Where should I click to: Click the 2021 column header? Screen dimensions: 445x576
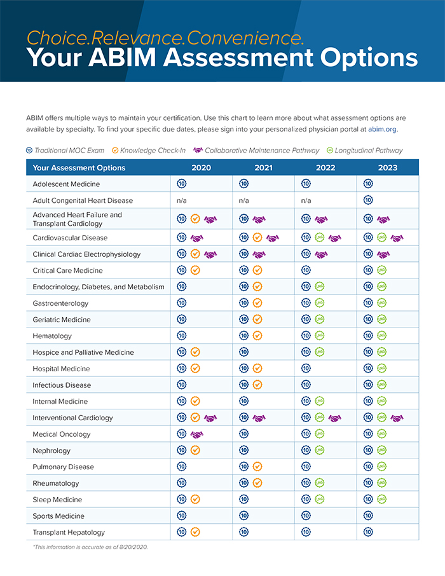[263, 168]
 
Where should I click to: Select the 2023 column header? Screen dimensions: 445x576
[388, 168]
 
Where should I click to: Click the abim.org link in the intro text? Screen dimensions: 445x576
[382, 129]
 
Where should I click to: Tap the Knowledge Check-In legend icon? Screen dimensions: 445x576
[115, 150]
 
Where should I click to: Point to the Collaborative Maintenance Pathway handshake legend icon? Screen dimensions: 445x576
[198, 150]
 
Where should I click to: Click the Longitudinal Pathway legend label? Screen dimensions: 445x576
[369, 151]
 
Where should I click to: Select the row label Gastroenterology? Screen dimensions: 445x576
[60, 303]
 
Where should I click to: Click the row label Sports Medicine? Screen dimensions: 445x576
[58, 516]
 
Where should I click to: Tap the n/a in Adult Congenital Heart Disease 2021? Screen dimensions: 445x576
[243, 200]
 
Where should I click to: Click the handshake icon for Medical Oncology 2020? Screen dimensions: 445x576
[197, 435]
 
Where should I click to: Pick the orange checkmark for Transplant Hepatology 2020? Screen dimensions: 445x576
[195, 532]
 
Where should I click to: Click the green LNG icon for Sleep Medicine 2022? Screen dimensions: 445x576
[320, 499]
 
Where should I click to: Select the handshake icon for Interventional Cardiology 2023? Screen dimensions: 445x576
[397, 418]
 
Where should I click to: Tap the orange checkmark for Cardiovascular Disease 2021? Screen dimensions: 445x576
[257, 238]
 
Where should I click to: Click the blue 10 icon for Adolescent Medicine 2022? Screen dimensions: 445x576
[306, 184]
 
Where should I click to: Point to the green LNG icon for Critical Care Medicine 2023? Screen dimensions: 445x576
[382, 270]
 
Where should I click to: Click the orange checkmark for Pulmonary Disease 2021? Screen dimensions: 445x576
[257, 467]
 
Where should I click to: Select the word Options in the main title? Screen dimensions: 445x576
[369, 58]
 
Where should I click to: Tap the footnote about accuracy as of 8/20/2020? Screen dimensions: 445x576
[90, 547]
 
